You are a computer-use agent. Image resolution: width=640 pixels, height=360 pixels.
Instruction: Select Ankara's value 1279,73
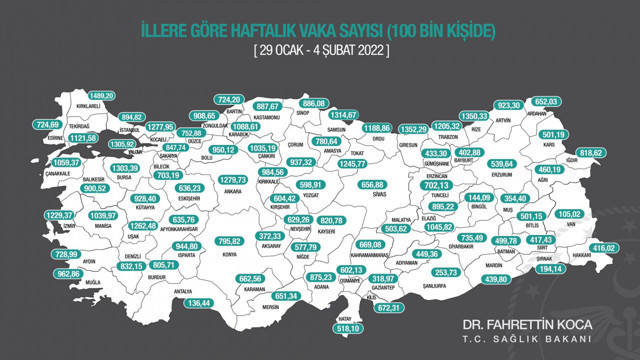click(x=232, y=180)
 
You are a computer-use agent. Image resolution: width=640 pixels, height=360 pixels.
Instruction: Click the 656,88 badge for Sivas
click(x=372, y=184)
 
